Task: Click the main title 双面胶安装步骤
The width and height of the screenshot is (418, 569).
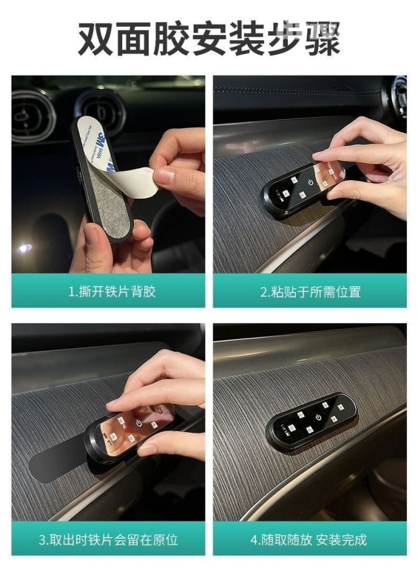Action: tap(209, 38)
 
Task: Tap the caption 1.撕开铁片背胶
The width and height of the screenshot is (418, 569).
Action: tap(112, 291)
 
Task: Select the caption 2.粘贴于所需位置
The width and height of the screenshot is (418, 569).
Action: tap(311, 291)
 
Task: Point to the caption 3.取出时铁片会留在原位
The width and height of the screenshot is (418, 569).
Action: tap(108, 539)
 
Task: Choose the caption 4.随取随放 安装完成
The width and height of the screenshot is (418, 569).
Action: tap(309, 539)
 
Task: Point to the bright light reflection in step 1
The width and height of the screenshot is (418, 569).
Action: tap(24, 249)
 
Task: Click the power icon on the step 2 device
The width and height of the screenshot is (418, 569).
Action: tap(311, 182)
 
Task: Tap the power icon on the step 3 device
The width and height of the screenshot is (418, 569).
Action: tap(139, 423)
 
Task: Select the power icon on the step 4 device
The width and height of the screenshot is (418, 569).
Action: tap(318, 417)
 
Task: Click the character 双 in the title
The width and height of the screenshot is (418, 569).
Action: tap(95, 39)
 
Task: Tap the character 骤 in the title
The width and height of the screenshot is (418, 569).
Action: tap(323, 39)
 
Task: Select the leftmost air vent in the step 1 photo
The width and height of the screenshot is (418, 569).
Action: tap(32, 116)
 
